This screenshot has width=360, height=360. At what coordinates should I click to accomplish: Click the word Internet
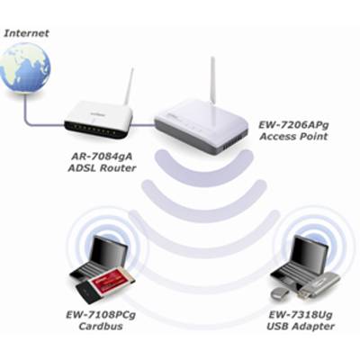tap(26, 33)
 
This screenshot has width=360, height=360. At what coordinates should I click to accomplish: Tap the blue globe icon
tap(25, 67)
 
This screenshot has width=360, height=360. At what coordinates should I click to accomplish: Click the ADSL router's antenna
tap(129, 86)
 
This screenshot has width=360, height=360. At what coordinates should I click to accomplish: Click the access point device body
tap(201, 127)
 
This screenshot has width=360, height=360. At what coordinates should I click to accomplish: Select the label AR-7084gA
tap(102, 157)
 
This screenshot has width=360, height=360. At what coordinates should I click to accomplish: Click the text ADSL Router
tap(102, 168)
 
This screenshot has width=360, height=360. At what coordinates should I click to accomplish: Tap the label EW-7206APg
tap(293, 125)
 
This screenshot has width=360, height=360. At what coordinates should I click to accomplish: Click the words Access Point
tap(293, 137)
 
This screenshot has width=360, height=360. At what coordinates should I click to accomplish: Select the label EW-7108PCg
tap(101, 315)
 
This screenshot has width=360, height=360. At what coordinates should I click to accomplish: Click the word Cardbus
tap(101, 326)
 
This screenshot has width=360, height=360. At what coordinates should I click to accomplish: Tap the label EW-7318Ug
tap(301, 315)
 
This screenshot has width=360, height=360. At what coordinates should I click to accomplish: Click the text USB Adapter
tap(301, 326)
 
